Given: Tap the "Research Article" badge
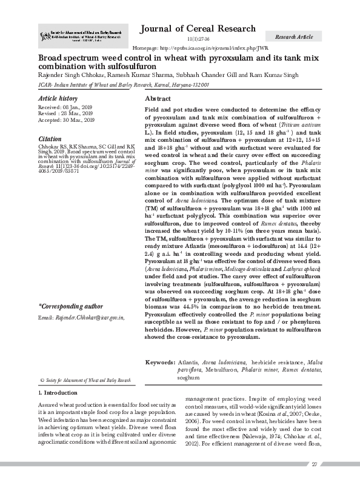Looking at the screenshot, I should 294,37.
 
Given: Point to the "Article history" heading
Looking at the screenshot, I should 58,98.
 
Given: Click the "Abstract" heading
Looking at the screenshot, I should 158,98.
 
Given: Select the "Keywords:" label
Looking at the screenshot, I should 160,362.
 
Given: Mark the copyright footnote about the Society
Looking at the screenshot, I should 85,380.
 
